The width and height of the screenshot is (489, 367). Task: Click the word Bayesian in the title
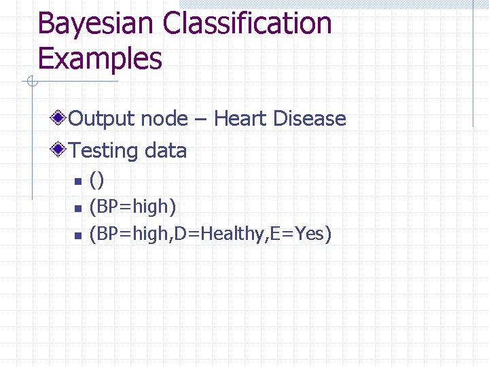(x=95, y=24)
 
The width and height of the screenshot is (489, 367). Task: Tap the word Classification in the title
(x=247, y=24)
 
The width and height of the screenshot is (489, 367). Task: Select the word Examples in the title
(x=100, y=58)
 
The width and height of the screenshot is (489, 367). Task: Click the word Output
(x=102, y=119)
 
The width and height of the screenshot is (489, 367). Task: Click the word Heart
(x=240, y=119)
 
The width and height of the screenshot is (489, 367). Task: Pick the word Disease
(x=310, y=119)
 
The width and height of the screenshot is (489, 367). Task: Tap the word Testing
(x=103, y=150)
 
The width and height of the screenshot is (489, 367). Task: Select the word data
(x=164, y=150)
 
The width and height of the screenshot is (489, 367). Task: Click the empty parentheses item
(x=97, y=181)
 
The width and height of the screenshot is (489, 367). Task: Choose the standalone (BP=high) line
(x=133, y=207)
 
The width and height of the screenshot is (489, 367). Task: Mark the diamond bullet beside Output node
(x=60, y=119)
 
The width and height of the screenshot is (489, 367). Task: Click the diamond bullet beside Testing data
(x=60, y=150)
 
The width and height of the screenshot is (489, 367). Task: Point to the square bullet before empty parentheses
(x=77, y=181)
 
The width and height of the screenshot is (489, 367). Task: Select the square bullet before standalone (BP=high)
(x=77, y=207)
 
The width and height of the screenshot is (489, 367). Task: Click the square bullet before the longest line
(x=77, y=235)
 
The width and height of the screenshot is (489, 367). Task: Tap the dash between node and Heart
(x=200, y=120)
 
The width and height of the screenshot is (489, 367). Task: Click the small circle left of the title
(x=31, y=82)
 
